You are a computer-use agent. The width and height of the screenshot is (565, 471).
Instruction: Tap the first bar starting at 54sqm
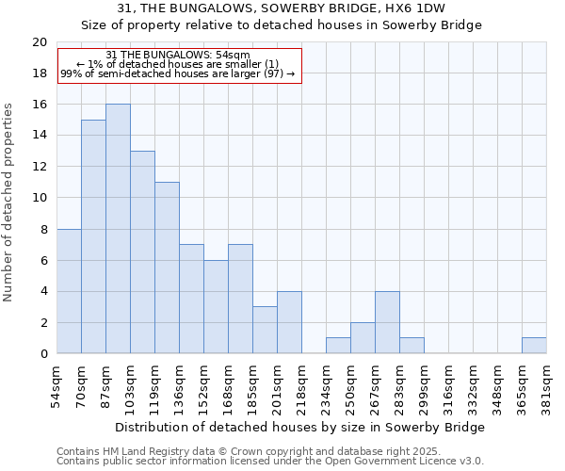[69, 291]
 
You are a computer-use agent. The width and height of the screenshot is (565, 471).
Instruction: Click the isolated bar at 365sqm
[534, 346]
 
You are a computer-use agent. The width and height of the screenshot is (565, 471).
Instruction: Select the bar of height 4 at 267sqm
[387, 322]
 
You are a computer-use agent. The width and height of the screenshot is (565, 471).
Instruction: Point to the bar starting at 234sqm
[338, 346]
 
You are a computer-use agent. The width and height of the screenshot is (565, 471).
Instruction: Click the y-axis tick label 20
[39, 42]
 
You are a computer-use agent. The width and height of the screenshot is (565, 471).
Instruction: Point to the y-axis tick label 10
[39, 198]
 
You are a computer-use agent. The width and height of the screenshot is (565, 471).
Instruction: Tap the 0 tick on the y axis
[42, 354]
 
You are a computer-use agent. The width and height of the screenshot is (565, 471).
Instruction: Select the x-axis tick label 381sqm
[547, 387]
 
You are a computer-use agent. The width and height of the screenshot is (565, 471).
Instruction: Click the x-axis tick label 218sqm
[302, 387]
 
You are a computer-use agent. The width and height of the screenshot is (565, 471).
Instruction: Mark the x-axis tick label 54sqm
[57, 385]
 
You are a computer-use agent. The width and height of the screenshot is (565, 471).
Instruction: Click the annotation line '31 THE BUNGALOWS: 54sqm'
[178, 56]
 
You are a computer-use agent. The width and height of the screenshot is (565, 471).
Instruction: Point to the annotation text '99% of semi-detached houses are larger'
[178, 73]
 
